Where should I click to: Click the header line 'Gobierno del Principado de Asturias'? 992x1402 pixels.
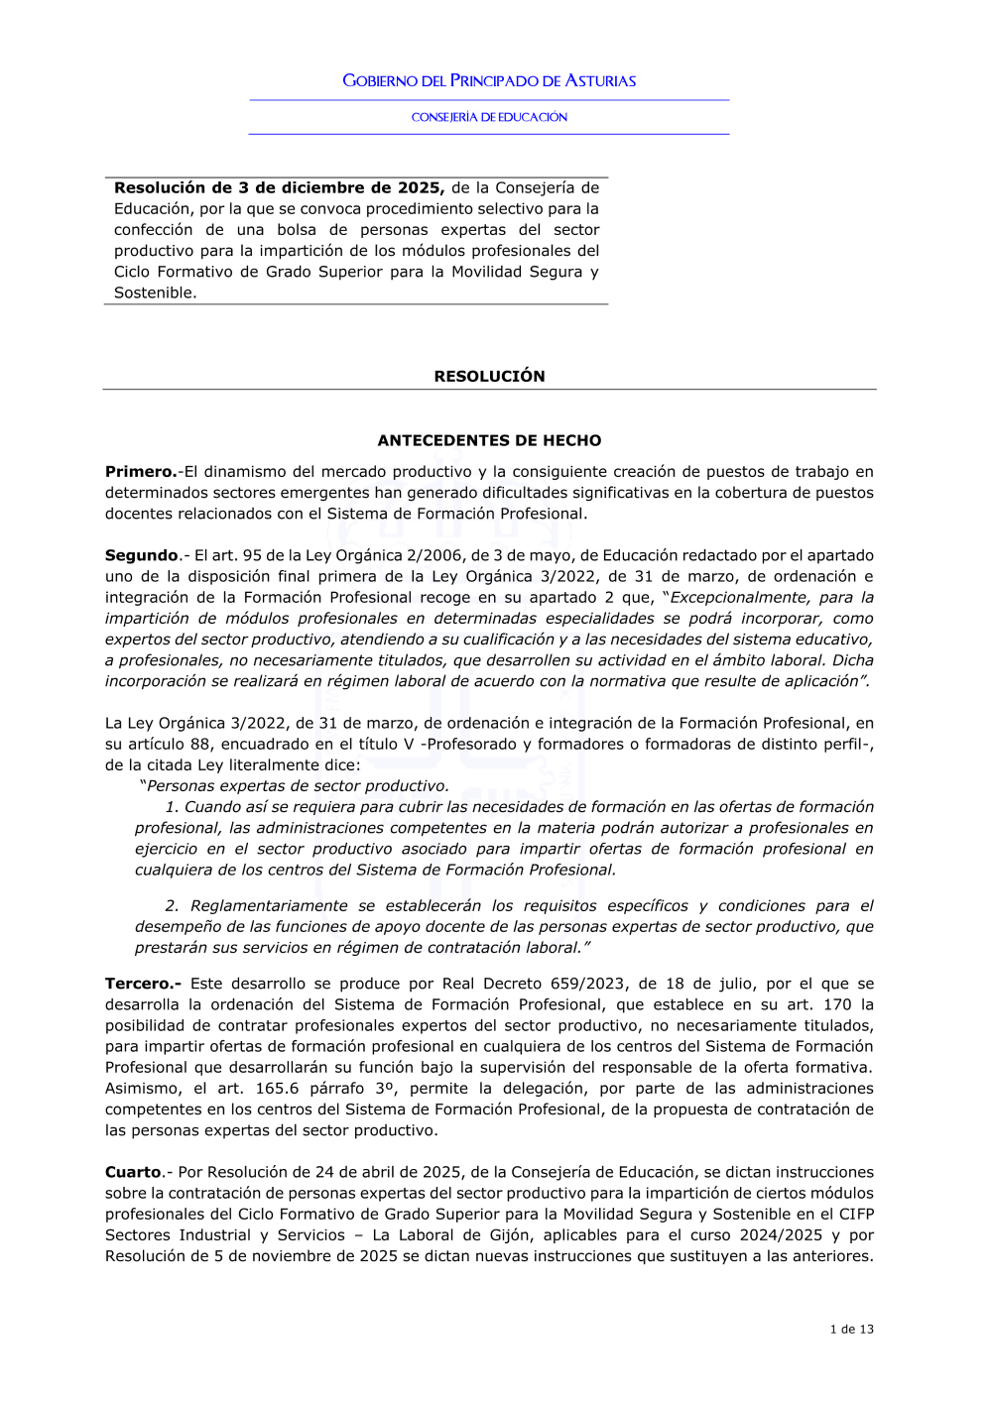(489, 80)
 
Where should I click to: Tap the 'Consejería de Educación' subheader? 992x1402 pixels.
(489, 117)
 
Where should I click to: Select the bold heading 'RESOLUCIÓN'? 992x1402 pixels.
(489, 376)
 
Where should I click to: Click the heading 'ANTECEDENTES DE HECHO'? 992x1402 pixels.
(489, 440)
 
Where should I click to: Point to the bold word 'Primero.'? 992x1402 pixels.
(141, 472)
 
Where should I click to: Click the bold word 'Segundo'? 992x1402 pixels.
(142, 555)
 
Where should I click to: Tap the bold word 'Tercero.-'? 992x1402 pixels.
(143, 984)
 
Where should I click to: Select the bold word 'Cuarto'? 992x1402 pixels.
(134, 1172)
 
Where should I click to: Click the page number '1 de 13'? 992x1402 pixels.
(851, 1329)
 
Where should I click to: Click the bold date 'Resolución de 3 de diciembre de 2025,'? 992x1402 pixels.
(279, 187)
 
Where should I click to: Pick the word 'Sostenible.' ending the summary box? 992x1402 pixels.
(155, 292)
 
